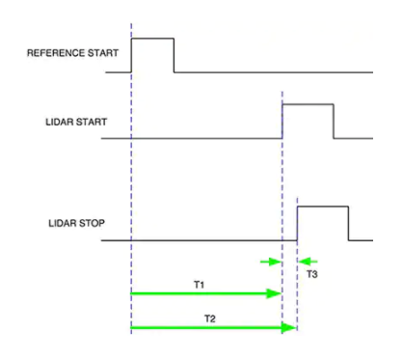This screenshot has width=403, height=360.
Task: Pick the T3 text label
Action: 311,274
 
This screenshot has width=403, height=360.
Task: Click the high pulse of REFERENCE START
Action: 152,40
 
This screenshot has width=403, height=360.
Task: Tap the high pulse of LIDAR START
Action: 307,104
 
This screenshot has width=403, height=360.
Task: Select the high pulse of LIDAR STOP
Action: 322,207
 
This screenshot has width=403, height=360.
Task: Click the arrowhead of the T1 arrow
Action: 274,292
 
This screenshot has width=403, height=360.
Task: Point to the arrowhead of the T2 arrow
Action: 289,328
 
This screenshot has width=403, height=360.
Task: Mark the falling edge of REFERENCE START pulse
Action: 174,55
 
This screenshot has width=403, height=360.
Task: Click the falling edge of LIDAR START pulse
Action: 333,121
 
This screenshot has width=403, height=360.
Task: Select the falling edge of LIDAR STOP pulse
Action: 348,223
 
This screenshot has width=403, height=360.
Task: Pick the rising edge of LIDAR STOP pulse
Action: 298,223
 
